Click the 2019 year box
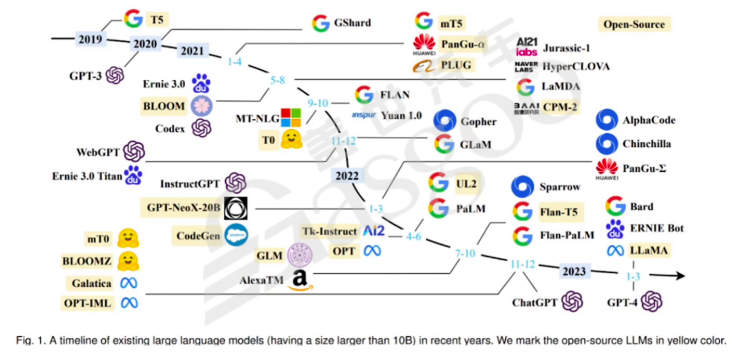(x=89, y=39)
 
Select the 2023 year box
(x=574, y=271)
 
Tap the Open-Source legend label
(x=633, y=24)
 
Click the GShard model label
(x=352, y=23)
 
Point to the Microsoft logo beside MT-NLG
(x=291, y=117)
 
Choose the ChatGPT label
(x=535, y=302)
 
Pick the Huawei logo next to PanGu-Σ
(x=606, y=166)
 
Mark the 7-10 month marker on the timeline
(x=464, y=253)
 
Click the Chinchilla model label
(x=647, y=144)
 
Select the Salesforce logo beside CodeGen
(x=236, y=236)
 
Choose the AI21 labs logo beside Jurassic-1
(x=526, y=46)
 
